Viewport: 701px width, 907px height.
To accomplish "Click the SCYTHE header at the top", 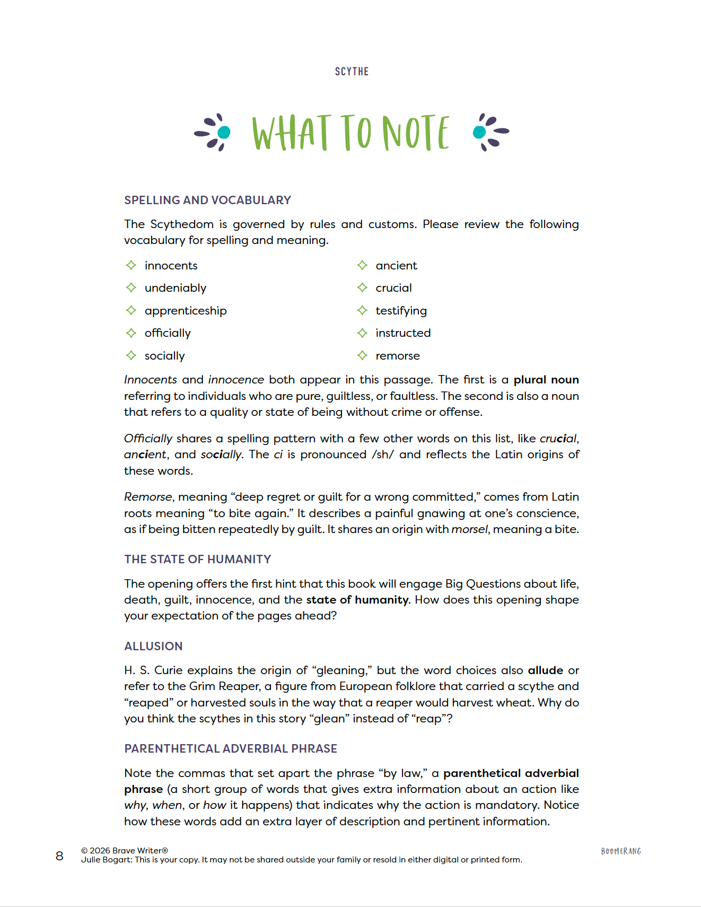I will [x=352, y=72].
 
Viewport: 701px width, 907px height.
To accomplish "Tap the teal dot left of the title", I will [x=224, y=132].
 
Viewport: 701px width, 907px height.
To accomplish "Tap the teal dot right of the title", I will [x=479, y=132].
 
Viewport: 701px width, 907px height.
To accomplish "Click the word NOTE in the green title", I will [x=416, y=133].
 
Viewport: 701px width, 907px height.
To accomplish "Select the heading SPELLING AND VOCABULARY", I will [x=207, y=200].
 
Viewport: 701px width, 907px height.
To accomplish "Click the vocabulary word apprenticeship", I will [x=185, y=311].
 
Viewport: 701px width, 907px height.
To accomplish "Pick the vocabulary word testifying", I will [x=401, y=311].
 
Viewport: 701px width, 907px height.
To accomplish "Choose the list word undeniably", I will [x=175, y=288].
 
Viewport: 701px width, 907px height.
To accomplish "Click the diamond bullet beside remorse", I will [x=362, y=355].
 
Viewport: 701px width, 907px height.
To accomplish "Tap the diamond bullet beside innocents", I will [x=131, y=265].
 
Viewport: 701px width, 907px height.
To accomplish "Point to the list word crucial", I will [x=393, y=288].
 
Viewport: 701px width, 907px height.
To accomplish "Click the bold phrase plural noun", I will [x=546, y=380].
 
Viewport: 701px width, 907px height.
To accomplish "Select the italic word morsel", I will [x=469, y=529].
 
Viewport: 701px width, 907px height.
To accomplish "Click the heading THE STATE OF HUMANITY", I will [x=197, y=559].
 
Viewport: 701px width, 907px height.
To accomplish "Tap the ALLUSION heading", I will [x=153, y=646].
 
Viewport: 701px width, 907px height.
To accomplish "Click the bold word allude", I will [x=545, y=670].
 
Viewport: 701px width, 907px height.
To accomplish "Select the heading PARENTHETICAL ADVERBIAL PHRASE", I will [x=231, y=748].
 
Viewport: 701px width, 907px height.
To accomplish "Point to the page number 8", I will [x=59, y=856].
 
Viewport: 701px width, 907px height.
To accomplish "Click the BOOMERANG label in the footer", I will [x=621, y=851].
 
